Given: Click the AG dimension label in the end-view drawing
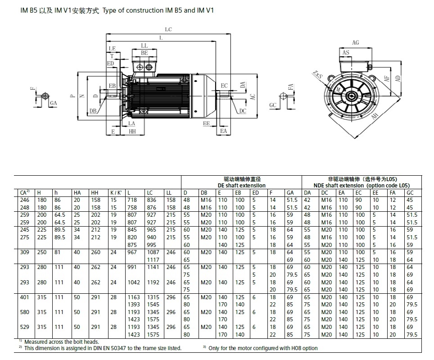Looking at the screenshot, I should [356, 43].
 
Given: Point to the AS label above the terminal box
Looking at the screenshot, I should [346, 53].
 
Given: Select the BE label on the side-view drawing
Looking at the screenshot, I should [144, 53].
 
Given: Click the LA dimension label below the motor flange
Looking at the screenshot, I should [131, 123].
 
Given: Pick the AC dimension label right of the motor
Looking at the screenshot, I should [253, 97].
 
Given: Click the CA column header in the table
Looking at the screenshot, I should [25, 192].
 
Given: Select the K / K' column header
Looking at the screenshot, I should [116, 192].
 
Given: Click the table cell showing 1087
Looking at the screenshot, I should [154, 253].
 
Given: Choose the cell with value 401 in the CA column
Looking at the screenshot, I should [25, 297].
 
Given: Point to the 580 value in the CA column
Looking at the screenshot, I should [25, 312].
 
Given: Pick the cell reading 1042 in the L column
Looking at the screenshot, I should [133, 282].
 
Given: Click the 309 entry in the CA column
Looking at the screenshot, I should [25, 253].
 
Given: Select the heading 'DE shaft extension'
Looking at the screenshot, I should [241, 185].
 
